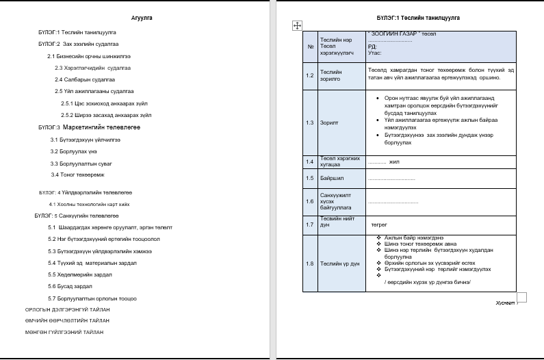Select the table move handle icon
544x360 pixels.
click(297, 25)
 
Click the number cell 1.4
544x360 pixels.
click(310, 162)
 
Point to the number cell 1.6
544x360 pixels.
click(310, 201)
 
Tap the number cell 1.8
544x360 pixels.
click(310, 263)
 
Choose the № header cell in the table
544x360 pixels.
click(310, 47)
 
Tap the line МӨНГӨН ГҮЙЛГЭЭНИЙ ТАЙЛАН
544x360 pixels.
click(64, 332)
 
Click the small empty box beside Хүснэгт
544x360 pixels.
click(521, 297)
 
